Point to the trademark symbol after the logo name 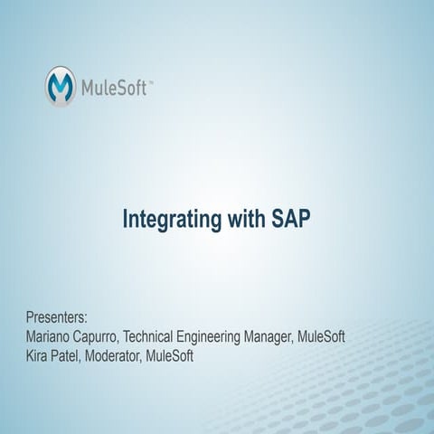150,81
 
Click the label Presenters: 57,318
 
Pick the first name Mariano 52,337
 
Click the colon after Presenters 86,320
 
